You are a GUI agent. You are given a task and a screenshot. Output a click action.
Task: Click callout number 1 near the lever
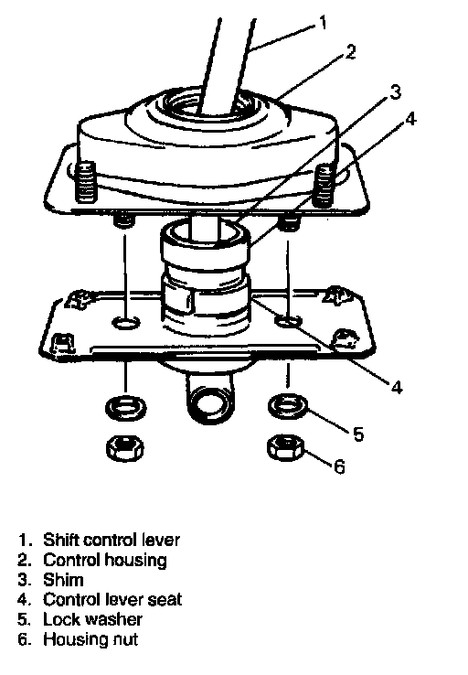coord(323,22)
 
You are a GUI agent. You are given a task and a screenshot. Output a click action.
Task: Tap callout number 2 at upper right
coord(351,51)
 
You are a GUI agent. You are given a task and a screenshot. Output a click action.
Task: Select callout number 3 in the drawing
coord(395,91)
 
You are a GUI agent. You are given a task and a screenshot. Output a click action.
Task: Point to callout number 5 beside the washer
coord(358,434)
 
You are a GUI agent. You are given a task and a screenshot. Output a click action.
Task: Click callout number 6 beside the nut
coord(339,466)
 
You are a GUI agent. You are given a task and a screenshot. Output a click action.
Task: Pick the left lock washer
coord(125,407)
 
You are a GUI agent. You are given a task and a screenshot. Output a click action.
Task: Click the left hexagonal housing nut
coord(124,448)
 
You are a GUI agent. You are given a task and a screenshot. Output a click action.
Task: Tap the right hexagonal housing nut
coord(286,447)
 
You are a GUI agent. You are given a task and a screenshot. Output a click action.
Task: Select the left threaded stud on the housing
coord(87,182)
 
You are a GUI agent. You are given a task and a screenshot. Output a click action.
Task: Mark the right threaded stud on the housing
coord(324,186)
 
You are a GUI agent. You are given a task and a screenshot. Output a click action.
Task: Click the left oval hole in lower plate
coord(125,322)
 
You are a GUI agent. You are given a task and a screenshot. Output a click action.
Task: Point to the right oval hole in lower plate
coord(288,320)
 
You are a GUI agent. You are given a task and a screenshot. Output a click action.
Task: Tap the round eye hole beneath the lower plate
coord(210,401)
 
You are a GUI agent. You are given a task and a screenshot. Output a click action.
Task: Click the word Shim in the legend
coord(63,580)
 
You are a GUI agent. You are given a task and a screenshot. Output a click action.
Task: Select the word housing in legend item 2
coord(136,561)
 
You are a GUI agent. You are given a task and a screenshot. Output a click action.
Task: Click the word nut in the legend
coord(125,639)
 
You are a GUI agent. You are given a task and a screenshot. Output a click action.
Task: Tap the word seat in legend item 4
coord(165,600)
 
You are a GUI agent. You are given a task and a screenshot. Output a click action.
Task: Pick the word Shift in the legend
coord(61,540)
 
